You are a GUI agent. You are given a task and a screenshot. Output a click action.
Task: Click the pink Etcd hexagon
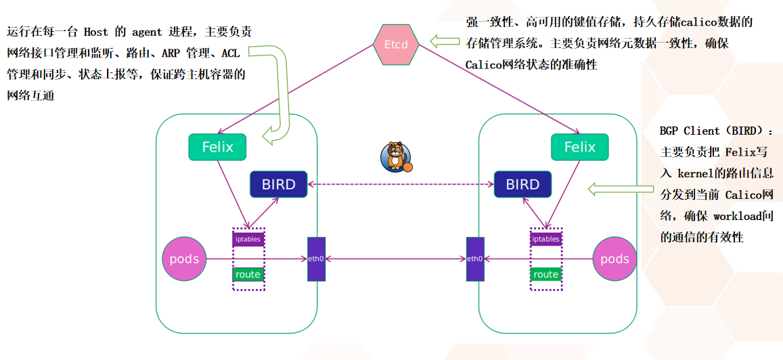point(396,44)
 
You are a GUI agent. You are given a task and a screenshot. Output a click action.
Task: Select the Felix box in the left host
point(217,147)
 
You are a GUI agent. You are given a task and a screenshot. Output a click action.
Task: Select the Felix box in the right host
point(579,147)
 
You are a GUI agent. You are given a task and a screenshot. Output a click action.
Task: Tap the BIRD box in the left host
point(278,184)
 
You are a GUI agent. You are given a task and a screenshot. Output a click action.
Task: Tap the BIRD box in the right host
point(522,184)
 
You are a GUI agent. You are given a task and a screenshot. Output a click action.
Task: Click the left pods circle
point(184,259)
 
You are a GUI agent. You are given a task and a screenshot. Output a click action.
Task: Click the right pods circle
point(614,259)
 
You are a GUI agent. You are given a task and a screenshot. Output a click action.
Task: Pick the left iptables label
point(248,239)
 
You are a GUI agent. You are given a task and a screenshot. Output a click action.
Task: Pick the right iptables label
point(545,239)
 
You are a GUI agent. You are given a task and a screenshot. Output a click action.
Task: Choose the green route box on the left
point(248,274)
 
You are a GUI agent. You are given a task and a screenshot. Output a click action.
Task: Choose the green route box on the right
point(545,274)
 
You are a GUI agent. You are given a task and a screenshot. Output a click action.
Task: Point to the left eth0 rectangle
point(316,259)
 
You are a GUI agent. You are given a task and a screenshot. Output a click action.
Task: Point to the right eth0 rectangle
point(475,259)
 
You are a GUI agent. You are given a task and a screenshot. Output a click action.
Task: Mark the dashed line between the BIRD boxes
point(399,184)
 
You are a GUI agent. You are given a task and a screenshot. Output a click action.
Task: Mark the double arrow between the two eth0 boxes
point(395,259)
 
